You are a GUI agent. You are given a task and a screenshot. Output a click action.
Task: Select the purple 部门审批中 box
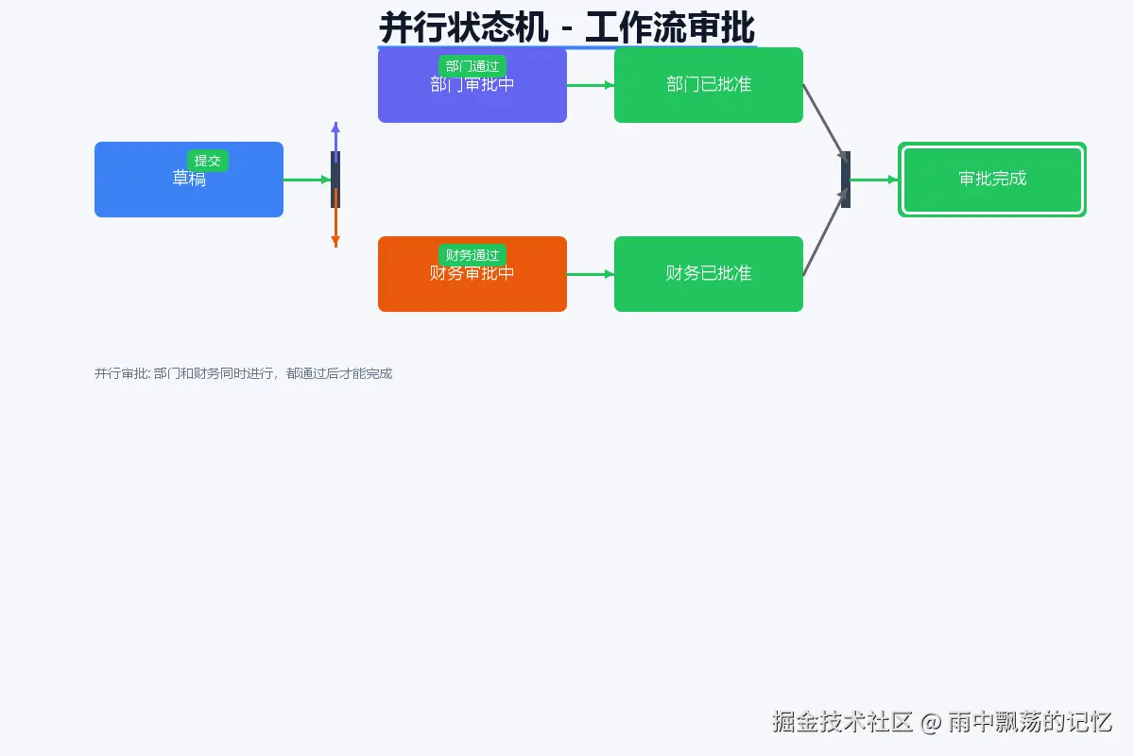472,99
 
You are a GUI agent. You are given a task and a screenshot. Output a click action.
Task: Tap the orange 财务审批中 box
472,288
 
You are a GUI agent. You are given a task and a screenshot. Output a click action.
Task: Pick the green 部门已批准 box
709,85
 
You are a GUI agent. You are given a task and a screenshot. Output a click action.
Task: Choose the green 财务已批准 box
709,274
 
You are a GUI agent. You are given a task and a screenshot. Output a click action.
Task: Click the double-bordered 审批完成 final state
992,180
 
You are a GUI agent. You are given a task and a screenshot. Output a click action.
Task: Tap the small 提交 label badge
208,161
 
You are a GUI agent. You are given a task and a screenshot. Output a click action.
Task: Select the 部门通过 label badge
472,66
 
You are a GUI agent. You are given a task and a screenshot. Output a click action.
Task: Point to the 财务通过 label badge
472,255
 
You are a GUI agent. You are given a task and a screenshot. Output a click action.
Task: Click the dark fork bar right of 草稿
335,180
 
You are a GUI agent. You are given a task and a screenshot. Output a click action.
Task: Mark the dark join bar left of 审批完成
846,180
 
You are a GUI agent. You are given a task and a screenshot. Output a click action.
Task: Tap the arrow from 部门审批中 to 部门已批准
591,85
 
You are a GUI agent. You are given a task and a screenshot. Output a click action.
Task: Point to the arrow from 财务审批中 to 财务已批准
591,274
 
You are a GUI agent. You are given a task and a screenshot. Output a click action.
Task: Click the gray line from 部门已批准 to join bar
822,120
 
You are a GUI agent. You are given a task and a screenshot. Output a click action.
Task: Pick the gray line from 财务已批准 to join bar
822,236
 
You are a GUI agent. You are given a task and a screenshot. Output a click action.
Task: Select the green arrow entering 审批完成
874,180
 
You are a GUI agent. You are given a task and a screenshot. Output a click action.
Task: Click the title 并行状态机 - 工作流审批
567,26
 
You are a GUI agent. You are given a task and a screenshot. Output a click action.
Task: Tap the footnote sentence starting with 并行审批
243,373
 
